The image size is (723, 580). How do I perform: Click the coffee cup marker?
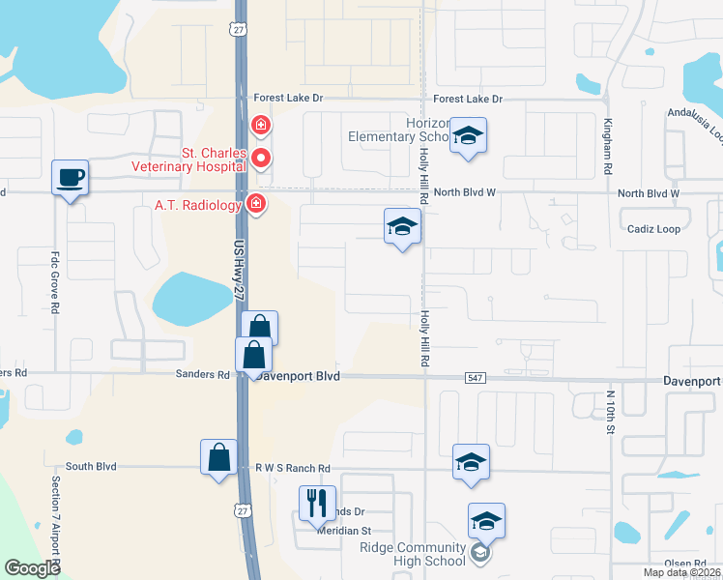(69, 178)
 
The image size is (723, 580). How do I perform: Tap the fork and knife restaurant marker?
(317, 504)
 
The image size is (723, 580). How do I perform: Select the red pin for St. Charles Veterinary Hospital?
(260, 158)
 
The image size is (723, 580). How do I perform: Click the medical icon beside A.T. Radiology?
(255, 203)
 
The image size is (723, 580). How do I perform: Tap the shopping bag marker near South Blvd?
(219, 457)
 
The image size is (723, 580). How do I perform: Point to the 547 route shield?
(474, 377)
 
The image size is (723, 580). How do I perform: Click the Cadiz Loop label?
(654, 229)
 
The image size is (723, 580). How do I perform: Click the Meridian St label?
(346, 531)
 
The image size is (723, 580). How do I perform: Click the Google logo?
(33, 568)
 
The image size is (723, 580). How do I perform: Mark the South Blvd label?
(92, 466)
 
